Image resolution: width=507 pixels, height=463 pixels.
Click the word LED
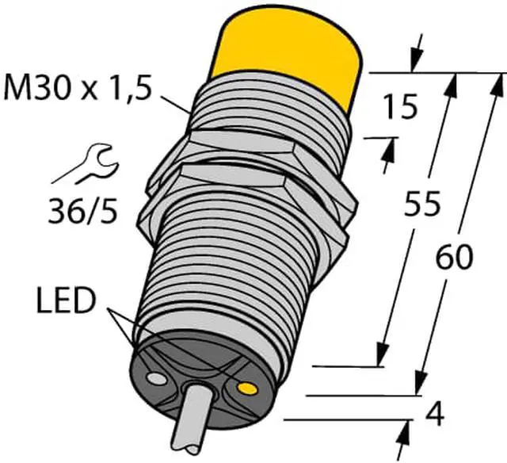click(67, 301)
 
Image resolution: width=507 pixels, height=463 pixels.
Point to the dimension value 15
click(399, 107)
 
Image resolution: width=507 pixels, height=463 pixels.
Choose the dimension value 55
click(422, 203)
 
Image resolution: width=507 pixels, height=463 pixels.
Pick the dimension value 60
click(454, 257)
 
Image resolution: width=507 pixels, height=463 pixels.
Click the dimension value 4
click(435, 415)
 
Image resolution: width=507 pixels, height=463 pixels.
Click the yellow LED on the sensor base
click(247, 388)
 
